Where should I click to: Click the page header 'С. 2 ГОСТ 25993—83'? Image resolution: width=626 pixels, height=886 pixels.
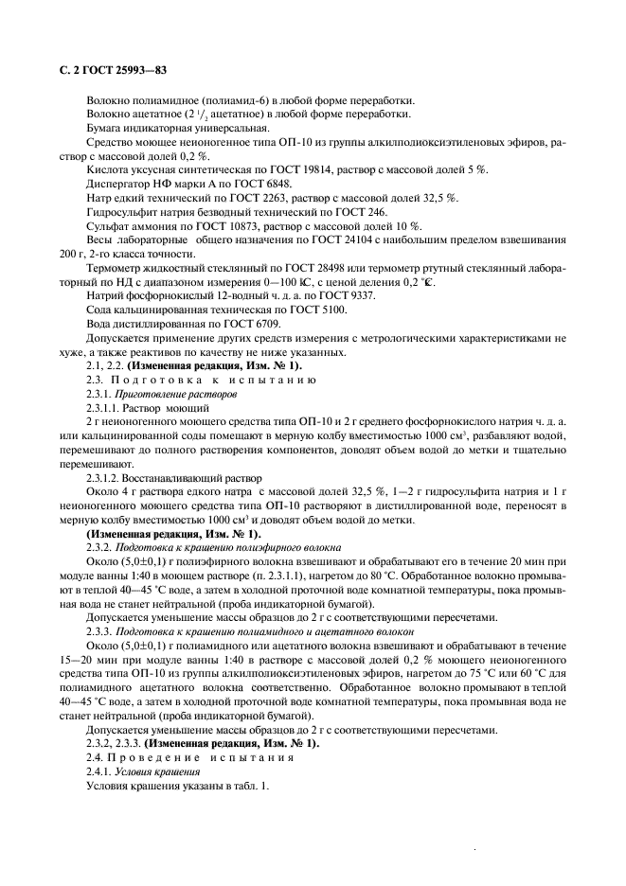[105, 70]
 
